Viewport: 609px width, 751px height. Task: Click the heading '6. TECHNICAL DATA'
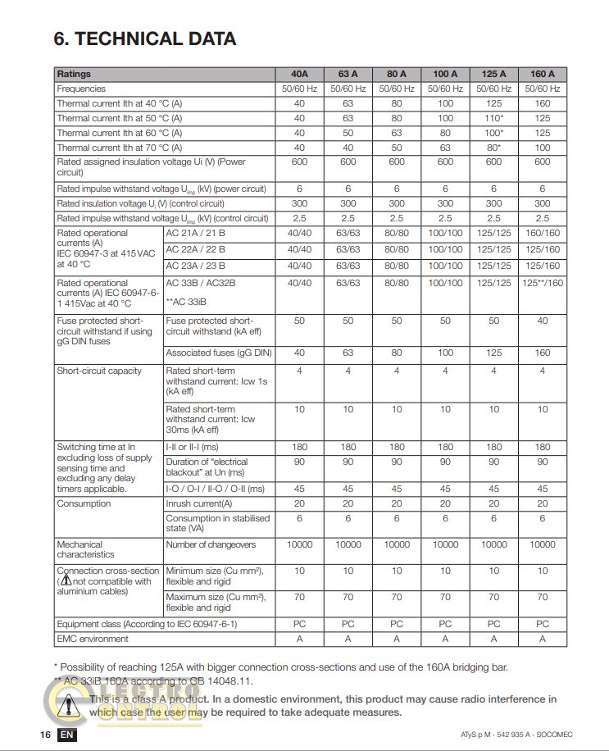click(x=145, y=39)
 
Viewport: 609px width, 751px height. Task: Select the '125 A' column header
click(x=493, y=74)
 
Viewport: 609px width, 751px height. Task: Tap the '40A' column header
click(x=299, y=74)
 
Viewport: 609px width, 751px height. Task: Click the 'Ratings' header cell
click(x=75, y=74)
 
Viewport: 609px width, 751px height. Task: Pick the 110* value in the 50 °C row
click(x=493, y=118)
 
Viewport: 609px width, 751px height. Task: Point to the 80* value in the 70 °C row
click(x=493, y=148)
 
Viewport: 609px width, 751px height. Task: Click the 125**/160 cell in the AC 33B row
click(x=542, y=283)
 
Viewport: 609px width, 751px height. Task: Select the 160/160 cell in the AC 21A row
click(x=542, y=233)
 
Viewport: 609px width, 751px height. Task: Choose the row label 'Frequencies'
click(x=81, y=89)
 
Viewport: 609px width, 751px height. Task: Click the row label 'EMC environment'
click(x=93, y=639)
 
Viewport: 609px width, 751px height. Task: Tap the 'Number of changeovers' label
click(x=211, y=544)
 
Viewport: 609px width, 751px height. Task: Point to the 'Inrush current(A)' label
click(x=199, y=503)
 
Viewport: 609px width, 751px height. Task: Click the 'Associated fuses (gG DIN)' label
click(x=219, y=353)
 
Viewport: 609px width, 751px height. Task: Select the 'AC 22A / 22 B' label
click(x=197, y=249)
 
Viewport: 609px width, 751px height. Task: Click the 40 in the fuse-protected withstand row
click(x=542, y=321)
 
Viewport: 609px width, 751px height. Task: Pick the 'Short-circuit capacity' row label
click(x=99, y=371)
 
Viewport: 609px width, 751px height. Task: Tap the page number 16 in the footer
click(x=45, y=735)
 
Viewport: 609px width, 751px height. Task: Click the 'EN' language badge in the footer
click(x=67, y=735)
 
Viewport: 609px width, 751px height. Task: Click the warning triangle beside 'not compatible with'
click(x=67, y=581)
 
